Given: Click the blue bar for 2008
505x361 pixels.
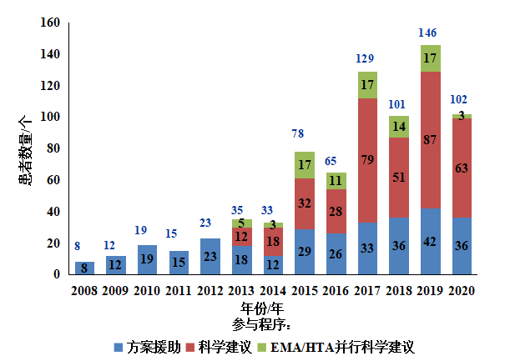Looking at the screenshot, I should click(x=84, y=268).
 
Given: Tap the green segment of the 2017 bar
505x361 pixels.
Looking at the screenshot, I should click(x=367, y=84).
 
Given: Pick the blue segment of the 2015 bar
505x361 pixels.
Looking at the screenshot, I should click(x=305, y=251).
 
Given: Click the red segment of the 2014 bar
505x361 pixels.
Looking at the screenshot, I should click(x=274, y=242).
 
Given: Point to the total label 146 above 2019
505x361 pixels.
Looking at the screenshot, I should click(x=428, y=33).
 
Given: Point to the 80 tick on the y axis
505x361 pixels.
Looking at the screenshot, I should click(x=53, y=148).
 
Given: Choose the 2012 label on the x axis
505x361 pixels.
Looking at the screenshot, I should click(x=210, y=290).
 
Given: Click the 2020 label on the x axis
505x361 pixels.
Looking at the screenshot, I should click(x=461, y=290).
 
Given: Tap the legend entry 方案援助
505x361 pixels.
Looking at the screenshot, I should click(x=147, y=346).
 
